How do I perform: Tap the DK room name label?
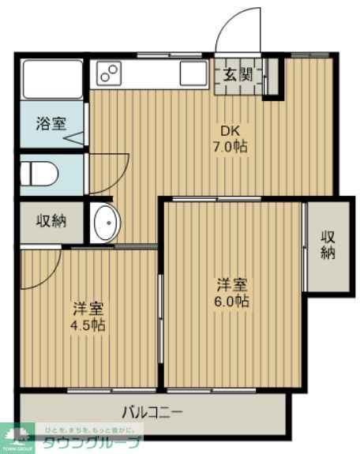(230, 130)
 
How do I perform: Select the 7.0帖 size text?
(230, 147)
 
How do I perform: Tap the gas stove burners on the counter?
(108, 74)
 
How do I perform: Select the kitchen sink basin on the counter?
(193, 74)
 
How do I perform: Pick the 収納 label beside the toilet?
(51, 221)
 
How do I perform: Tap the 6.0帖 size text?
(231, 302)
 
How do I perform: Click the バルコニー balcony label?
(152, 411)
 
